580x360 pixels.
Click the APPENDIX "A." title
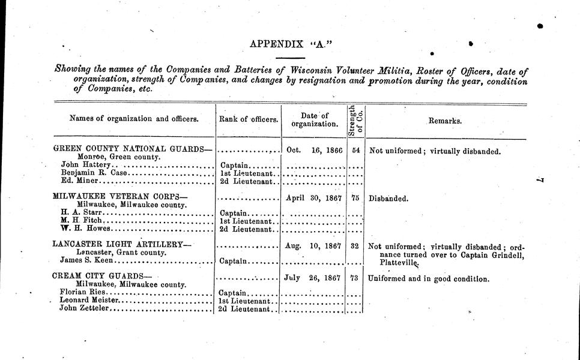290,44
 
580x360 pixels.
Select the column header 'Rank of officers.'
248,119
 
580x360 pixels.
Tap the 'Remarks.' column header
445,121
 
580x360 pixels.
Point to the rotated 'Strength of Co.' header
356,121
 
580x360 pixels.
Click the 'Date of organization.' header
314,120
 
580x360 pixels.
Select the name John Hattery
86,165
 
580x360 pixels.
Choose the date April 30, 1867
313,197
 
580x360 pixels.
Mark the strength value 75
356,197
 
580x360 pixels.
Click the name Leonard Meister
90,300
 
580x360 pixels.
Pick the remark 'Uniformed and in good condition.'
428,279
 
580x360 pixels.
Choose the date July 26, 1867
313,278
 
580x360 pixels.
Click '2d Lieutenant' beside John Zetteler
246,309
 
